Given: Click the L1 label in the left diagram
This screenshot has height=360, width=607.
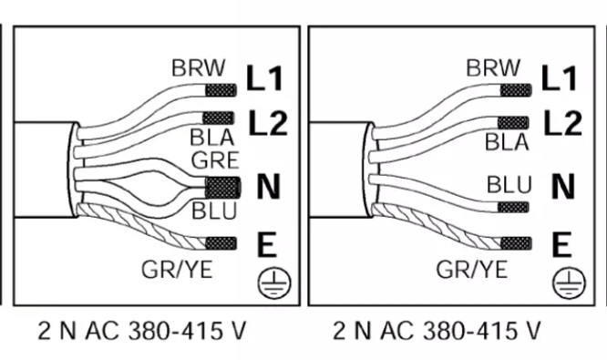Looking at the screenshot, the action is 265,78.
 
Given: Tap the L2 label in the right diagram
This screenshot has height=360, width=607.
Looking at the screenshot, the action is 563,123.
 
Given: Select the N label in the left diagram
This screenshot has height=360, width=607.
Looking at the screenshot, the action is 268,187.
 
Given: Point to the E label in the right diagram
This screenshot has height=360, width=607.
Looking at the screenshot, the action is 561,244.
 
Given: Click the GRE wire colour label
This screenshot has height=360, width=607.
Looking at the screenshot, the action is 215,160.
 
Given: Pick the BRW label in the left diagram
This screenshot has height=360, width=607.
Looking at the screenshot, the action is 198,67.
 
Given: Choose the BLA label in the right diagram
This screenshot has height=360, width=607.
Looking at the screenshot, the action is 507,141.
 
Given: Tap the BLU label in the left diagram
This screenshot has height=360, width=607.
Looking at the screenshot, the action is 214,211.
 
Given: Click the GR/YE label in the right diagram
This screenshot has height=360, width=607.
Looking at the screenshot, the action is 471,270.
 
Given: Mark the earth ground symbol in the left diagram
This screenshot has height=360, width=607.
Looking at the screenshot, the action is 274,283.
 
